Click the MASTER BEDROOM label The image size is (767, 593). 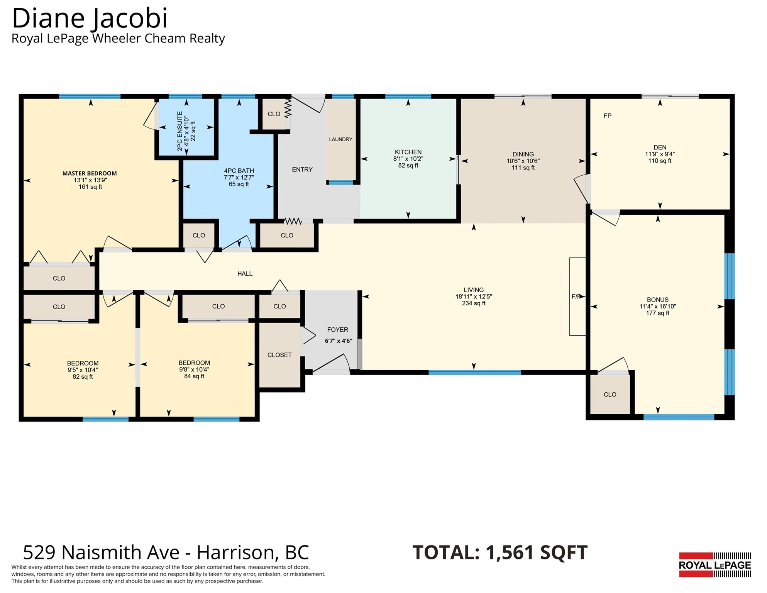(90, 173)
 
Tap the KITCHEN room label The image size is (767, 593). (408, 152)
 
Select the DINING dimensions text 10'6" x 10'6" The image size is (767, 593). (523, 161)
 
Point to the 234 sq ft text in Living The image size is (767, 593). (474, 303)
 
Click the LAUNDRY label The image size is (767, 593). (340, 139)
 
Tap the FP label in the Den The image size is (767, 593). (608, 116)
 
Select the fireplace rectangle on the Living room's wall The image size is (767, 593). (577, 296)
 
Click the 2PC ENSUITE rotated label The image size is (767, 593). (179, 131)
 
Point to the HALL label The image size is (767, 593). (245, 274)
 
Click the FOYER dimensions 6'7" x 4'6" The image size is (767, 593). (339, 341)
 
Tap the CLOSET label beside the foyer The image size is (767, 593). (279, 355)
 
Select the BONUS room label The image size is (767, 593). (658, 300)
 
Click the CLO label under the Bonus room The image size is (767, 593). (610, 395)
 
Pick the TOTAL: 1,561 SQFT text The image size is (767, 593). (500, 552)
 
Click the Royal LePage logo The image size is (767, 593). (715, 565)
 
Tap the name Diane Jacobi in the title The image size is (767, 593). (90, 18)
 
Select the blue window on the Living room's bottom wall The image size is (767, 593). (475, 373)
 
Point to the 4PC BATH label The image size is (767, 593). (239, 171)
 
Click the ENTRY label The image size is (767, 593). (302, 169)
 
